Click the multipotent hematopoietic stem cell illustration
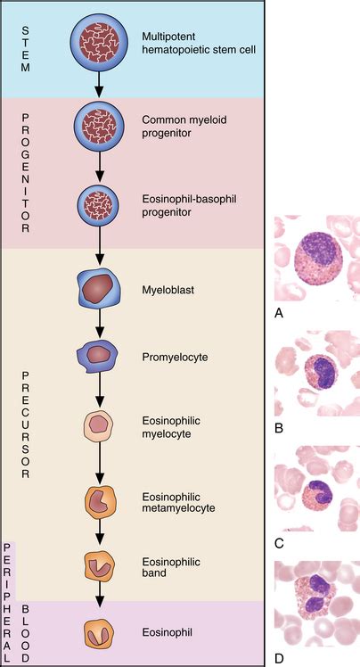pos(95,41)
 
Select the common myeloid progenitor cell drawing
pos(95,125)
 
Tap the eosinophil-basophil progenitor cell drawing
pos(95,203)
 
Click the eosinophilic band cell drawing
pos(95,566)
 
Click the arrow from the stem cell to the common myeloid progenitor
pos(95,83)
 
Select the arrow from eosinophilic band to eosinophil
pos(95,600)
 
